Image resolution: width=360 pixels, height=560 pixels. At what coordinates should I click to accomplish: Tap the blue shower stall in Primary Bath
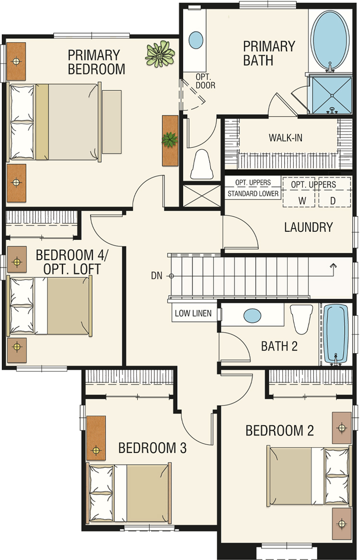point(332,95)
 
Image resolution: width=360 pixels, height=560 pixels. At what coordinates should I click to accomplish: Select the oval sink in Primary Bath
point(195,40)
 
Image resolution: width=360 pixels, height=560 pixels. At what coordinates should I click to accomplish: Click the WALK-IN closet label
point(285,138)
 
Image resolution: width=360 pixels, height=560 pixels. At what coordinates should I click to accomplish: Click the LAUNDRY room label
point(309,227)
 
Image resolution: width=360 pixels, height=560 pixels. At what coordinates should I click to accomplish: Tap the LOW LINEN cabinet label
point(193,313)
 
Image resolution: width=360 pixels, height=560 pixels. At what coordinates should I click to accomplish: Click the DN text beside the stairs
point(157,276)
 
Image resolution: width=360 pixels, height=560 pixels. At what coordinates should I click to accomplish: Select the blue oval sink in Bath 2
point(252,316)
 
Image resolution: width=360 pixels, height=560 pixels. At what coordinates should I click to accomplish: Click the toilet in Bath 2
point(301,319)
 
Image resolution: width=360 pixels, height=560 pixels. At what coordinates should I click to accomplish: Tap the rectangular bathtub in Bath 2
point(336,334)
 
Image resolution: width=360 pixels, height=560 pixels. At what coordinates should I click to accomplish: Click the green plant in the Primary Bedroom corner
point(160,54)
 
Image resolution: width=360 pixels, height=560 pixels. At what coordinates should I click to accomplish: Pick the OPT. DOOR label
point(205,81)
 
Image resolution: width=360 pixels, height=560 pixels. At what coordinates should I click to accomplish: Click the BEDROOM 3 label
point(153,448)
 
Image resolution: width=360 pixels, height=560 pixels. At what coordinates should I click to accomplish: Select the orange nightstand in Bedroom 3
point(96,438)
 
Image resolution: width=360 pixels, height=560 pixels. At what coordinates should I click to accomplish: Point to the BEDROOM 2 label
point(280,431)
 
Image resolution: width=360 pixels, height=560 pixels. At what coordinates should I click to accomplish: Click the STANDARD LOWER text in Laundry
point(253,194)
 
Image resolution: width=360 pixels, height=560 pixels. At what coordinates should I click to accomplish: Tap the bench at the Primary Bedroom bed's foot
point(112,122)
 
